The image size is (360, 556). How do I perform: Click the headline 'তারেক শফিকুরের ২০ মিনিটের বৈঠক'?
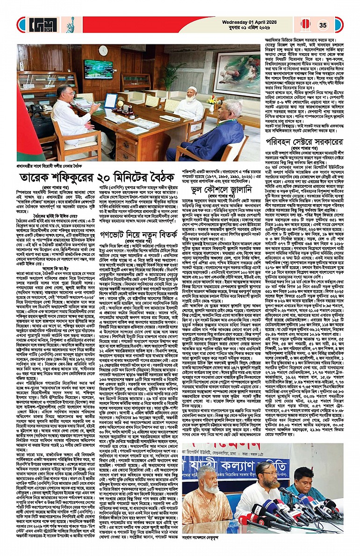(94, 179)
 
